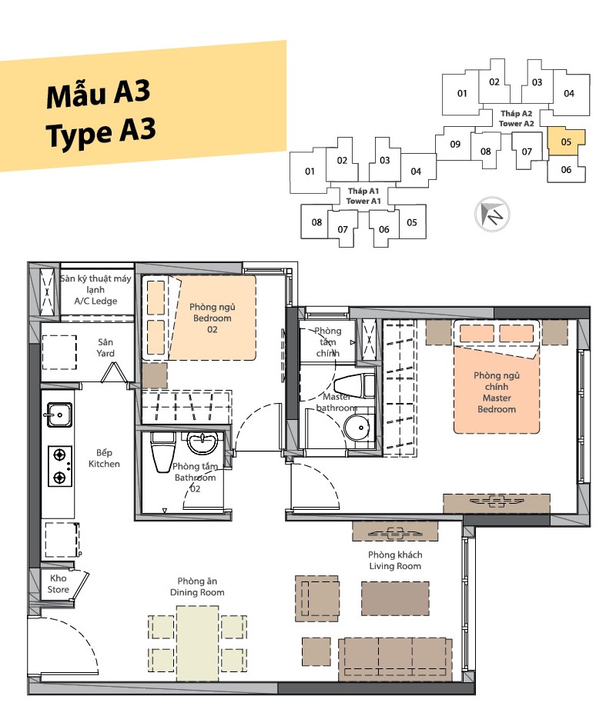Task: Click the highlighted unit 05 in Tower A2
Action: (566, 142)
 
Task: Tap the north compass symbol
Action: (492, 214)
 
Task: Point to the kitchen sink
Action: (59, 415)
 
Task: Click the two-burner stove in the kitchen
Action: (60, 465)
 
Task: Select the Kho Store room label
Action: (59, 584)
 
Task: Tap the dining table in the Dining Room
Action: (197, 644)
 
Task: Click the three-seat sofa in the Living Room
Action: (395, 659)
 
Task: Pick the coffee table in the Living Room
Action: (395, 598)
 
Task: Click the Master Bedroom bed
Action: (497, 377)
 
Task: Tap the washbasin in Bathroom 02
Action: (203, 442)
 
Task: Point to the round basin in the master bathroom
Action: (357, 428)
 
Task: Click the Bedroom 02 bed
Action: (199, 318)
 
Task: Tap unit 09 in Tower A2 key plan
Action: (454, 143)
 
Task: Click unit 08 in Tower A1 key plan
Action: (316, 221)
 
